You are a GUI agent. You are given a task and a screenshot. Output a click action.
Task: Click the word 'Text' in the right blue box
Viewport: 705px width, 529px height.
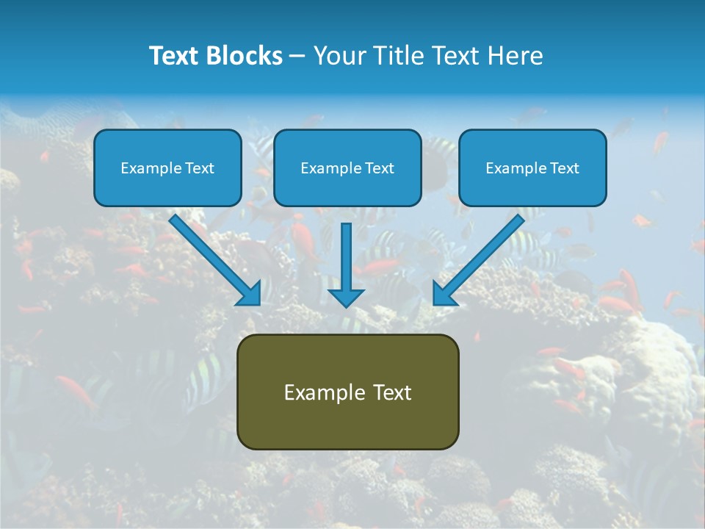[563, 168]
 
